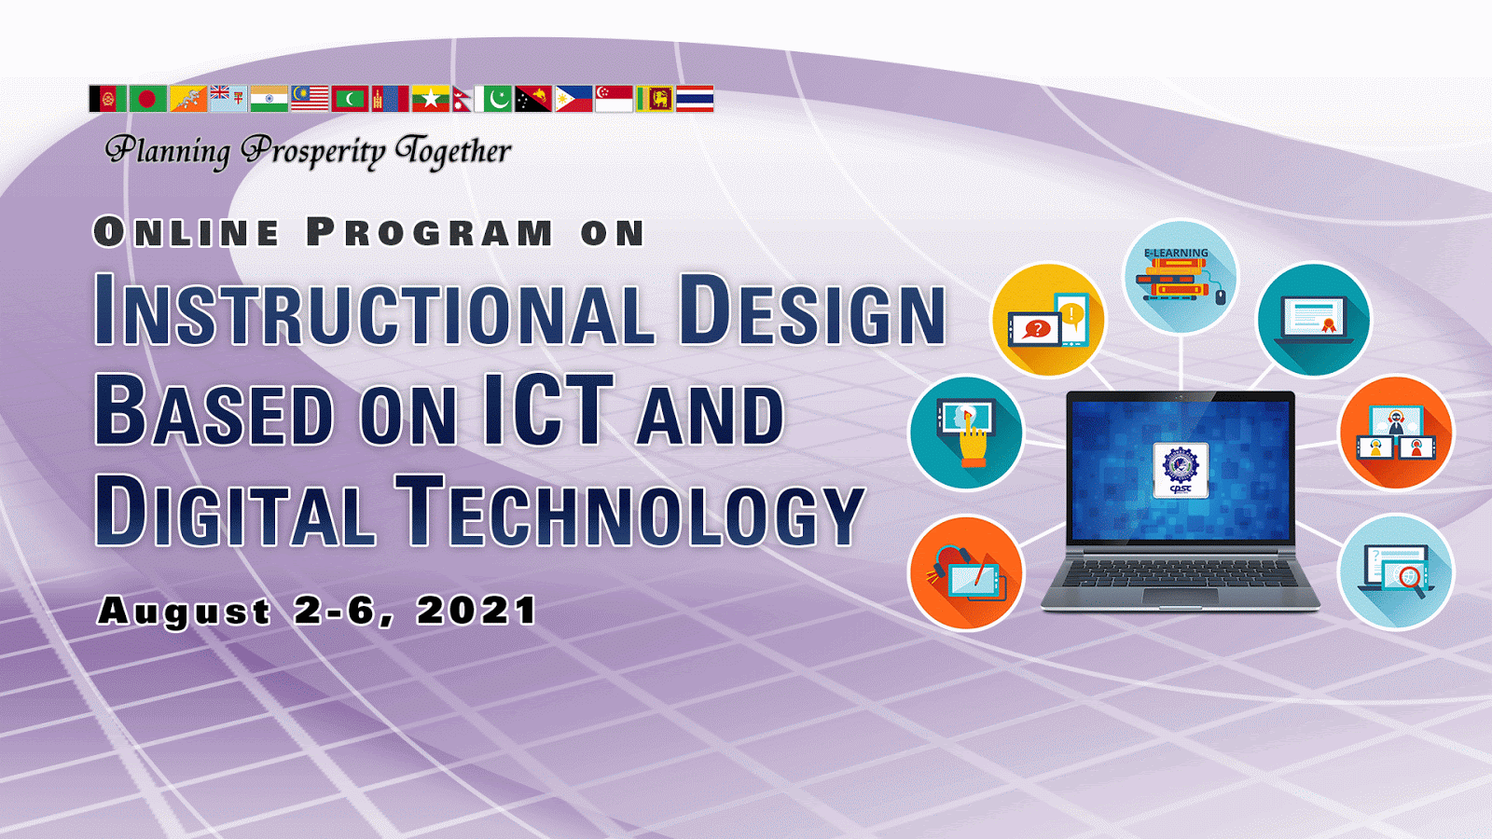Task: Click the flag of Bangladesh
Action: pyautogui.click(x=148, y=99)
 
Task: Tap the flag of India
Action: pyautogui.click(x=269, y=99)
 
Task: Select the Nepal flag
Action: pyautogui.click(x=463, y=99)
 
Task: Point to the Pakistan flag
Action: pyautogui.click(x=493, y=99)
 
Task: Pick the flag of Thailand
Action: pyautogui.click(x=695, y=99)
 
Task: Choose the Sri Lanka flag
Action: pyautogui.click(x=655, y=99)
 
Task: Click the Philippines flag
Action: pyautogui.click(x=574, y=99)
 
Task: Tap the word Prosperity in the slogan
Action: pyautogui.click(x=313, y=152)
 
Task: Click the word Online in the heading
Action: pyautogui.click(x=186, y=232)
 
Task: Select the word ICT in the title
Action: pyautogui.click(x=548, y=409)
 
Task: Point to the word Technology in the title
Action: pyautogui.click(x=630, y=511)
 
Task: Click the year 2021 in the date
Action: pyautogui.click(x=477, y=611)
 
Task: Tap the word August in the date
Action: pyautogui.click(x=184, y=612)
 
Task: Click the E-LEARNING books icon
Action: pyautogui.click(x=1181, y=276)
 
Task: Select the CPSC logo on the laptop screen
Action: pyautogui.click(x=1181, y=470)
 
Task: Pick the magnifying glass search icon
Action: pyautogui.click(x=1396, y=572)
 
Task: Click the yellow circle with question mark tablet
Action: pyautogui.click(x=1048, y=321)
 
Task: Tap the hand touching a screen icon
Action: pyautogui.click(x=966, y=433)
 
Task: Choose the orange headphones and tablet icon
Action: pyautogui.click(x=966, y=573)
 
